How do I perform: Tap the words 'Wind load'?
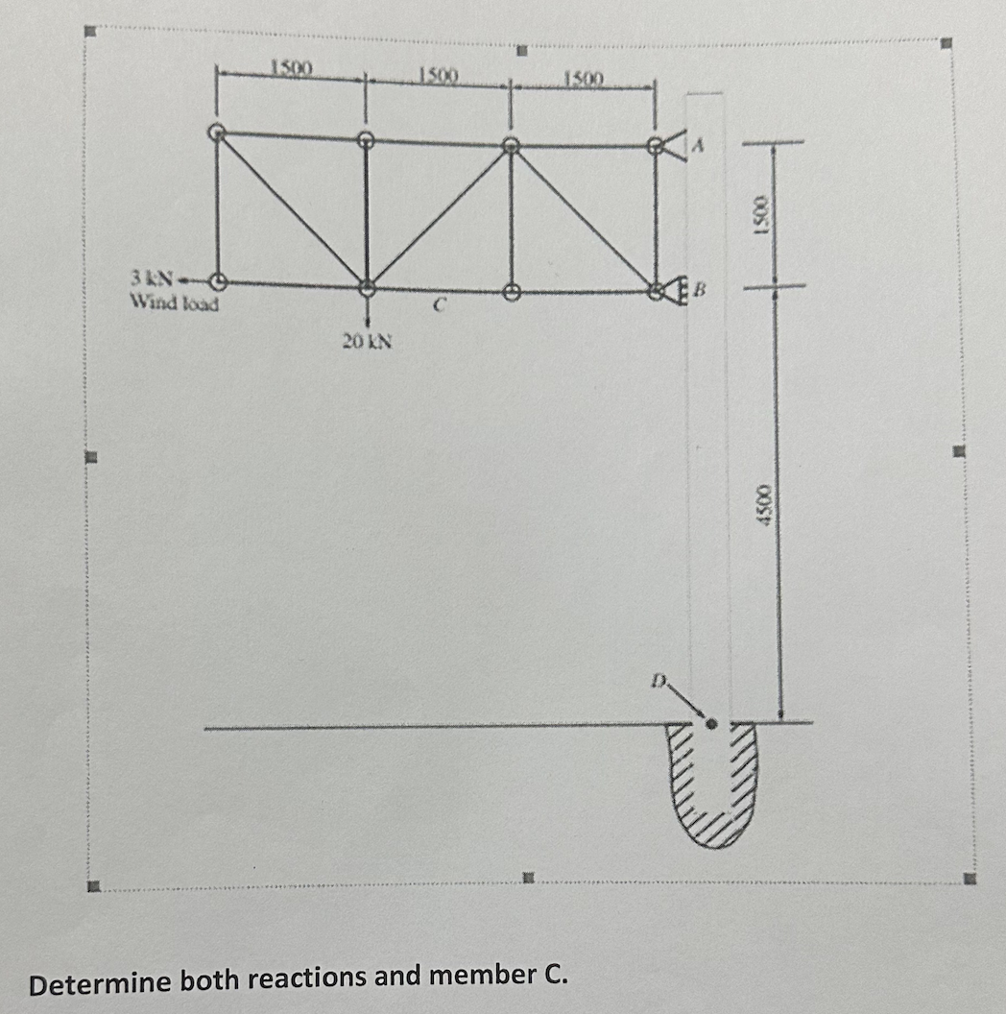coord(174,303)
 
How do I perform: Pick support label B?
coord(701,287)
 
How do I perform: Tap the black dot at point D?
coord(711,725)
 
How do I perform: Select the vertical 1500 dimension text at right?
coord(762,213)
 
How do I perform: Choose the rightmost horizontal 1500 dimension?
coord(583,77)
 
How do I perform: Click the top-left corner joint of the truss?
coord(217,133)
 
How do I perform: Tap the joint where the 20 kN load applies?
coord(367,287)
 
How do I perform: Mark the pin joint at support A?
coord(656,146)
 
